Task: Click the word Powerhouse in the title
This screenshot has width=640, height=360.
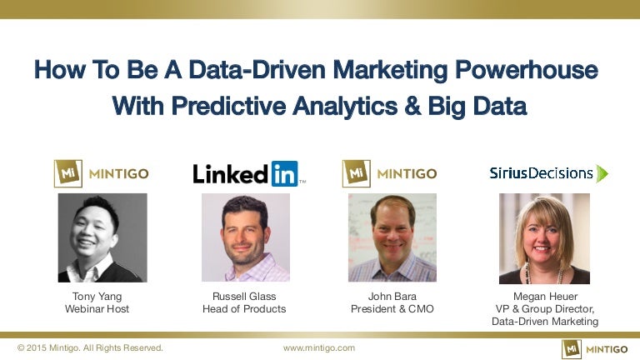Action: point(527,69)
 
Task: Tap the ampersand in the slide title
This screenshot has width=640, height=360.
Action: point(412,106)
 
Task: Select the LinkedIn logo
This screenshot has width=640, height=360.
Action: point(249,174)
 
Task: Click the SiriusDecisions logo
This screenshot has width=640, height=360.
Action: point(549,173)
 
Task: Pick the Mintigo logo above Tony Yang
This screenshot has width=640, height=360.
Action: point(101,173)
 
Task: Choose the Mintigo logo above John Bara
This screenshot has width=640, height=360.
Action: point(389,173)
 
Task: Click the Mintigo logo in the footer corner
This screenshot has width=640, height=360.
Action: point(595,349)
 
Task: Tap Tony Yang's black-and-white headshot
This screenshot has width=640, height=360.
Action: point(102,238)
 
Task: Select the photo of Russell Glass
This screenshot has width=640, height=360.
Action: point(246,237)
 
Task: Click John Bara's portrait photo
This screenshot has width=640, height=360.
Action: point(392,237)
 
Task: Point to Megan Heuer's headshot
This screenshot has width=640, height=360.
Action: point(544,239)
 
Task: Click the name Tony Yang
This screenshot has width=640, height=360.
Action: point(97,297)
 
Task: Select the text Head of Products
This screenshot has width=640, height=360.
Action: point(244,309)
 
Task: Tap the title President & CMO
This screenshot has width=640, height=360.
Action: point(392,309)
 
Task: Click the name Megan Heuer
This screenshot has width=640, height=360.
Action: point(545,297)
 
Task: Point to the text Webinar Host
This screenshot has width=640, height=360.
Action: point(97,309)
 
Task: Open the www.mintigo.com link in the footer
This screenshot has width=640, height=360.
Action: point(319,348)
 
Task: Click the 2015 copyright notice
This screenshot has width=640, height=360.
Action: point(90,348)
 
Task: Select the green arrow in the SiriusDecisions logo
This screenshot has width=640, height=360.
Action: point(602,173)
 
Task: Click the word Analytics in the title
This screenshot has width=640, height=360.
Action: point(345,106)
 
